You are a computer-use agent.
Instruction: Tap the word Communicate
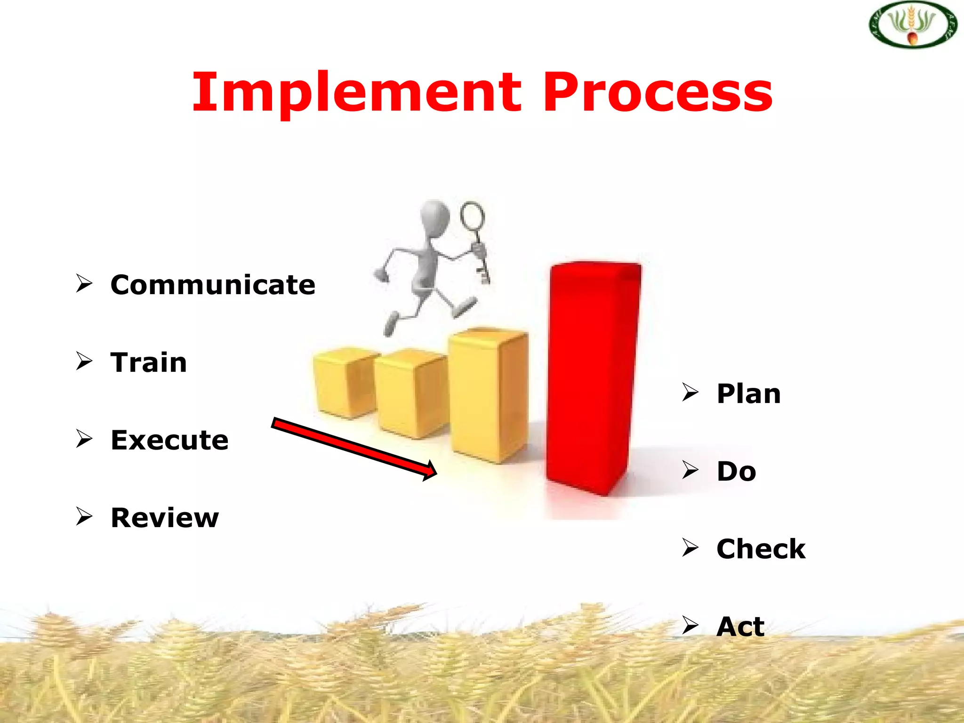click(x=213, y=285)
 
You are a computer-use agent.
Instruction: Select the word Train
click(x=149, y=362)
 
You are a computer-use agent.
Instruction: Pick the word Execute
click(x=169, y=440)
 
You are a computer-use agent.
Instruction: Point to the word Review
click(x=165, y=518)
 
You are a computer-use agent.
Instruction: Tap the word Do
click(x=736, y=471)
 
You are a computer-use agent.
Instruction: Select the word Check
click(x=761, y=549)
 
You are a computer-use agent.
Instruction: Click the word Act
click(x=740, y=627)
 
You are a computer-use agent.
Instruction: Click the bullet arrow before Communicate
click(x=84, y=283)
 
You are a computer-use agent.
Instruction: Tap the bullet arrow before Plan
click(x=690, y=392)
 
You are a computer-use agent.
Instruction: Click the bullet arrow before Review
click(x=84, y=516)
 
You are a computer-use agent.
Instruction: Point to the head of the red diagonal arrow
click(x=429, y=471)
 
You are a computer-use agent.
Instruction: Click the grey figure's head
click(x=434, y=214)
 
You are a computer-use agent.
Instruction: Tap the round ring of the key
click(x=472, y=216)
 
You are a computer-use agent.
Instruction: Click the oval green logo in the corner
click(x=913, y=24)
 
